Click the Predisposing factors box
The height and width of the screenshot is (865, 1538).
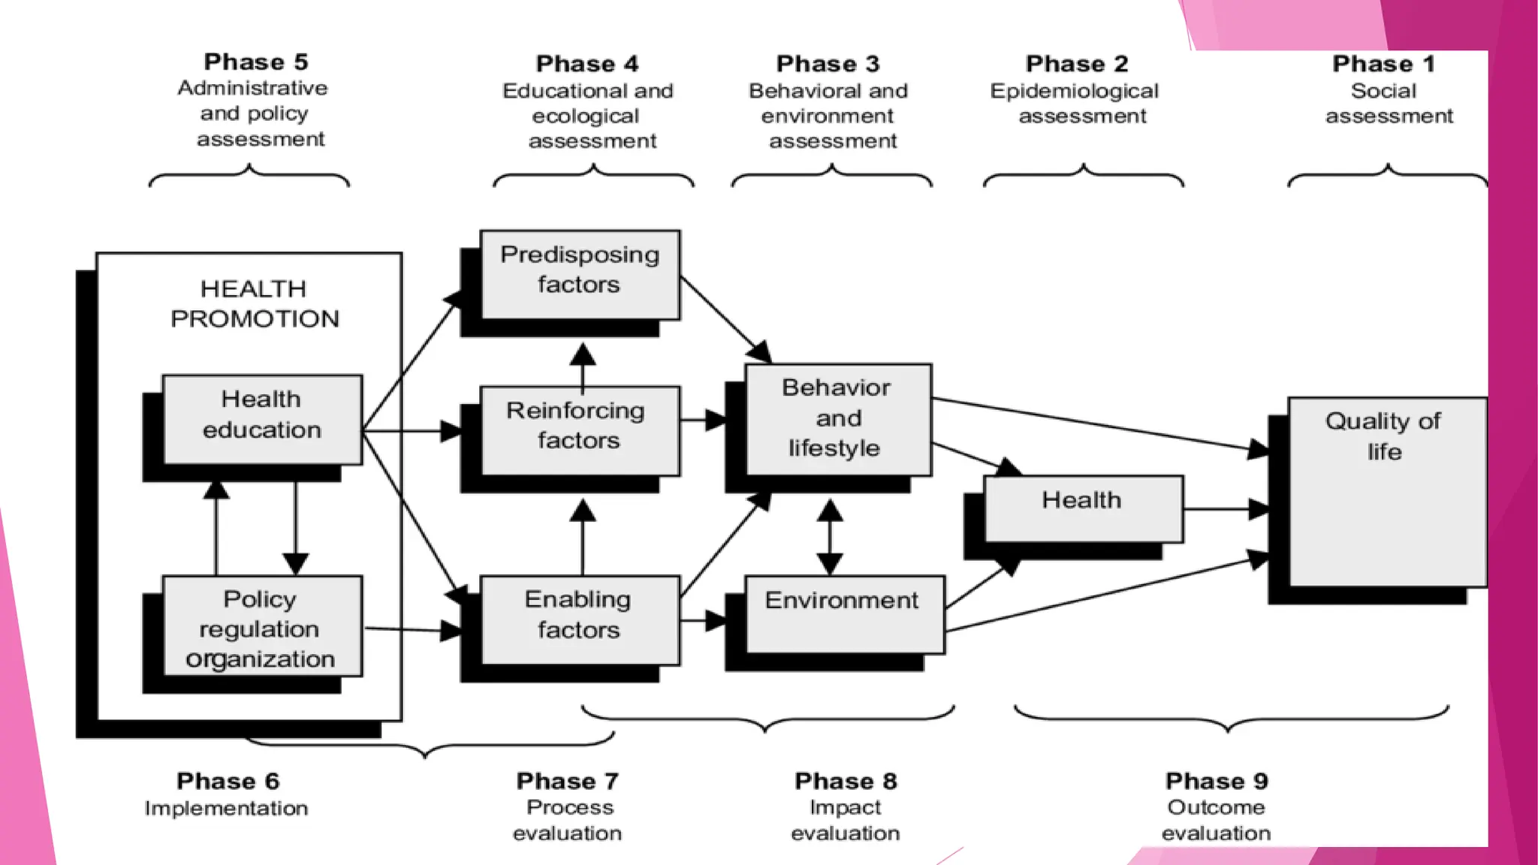580,274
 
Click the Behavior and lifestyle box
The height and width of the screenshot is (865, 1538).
838,419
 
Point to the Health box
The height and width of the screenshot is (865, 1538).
1083,508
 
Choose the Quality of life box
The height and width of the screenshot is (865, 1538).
1386,492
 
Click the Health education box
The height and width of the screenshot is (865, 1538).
262,419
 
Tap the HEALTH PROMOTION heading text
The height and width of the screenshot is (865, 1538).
255,303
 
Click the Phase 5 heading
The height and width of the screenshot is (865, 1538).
255,62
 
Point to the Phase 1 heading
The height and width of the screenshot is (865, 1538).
1383,64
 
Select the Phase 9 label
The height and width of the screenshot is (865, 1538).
1216,781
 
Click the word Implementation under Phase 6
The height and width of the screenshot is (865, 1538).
226,808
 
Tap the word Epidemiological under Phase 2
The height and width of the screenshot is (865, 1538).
1074,91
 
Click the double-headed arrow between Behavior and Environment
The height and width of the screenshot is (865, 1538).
829,537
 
